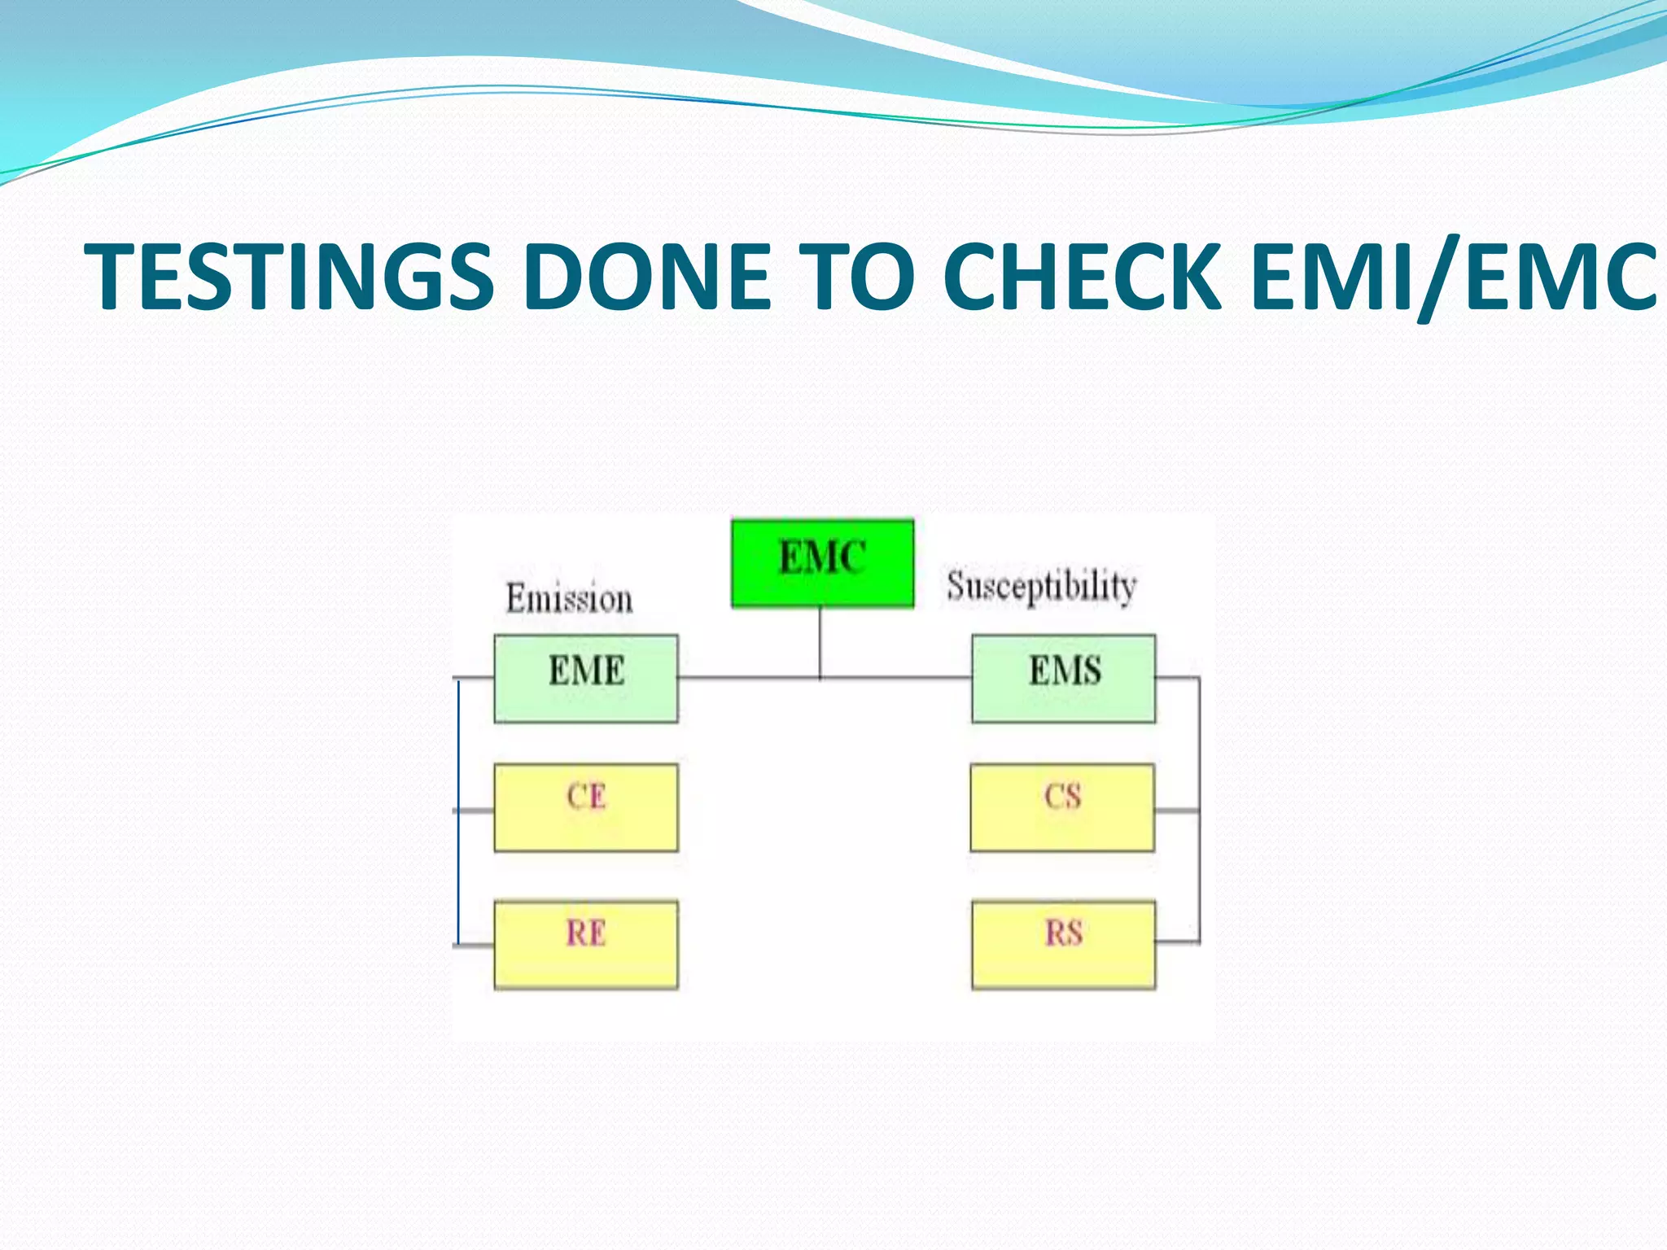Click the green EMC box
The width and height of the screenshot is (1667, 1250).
tap(822, 563)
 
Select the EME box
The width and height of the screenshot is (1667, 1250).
tap(586, 678)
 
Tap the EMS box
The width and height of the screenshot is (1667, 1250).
tap(1063, 678)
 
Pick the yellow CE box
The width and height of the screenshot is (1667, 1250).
tap(586, 807)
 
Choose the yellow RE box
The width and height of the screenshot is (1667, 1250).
tap(586, 944)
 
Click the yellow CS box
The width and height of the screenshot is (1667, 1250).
tap(1062, 807)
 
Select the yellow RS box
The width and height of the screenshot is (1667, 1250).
tap(1063, 944)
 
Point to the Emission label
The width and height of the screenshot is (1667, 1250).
tap(569, 599)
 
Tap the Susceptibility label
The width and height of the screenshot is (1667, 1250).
tap(1041, 586)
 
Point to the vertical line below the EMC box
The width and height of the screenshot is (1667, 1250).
tap(820, 643)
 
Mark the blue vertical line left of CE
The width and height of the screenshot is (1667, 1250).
tap(458, 814)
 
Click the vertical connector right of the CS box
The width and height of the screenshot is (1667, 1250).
tap(1199, 810)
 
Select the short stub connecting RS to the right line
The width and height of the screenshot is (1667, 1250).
tap(1177, 942)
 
